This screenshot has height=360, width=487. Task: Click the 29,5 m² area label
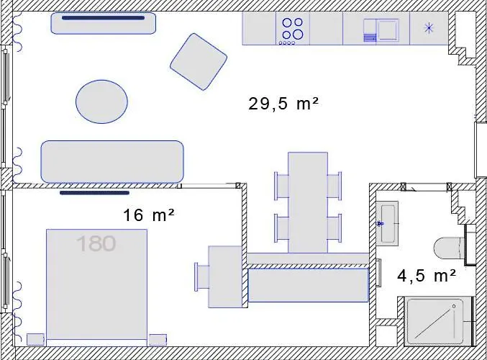283,104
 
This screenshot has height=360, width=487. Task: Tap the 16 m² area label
149,215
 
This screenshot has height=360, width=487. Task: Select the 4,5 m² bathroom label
427,276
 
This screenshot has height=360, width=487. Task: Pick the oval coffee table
101,101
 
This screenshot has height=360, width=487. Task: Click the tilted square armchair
199,61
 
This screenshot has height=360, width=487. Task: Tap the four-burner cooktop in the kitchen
293,28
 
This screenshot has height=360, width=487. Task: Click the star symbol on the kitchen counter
429,28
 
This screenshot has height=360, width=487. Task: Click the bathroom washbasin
386,223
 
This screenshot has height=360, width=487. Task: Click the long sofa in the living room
112,161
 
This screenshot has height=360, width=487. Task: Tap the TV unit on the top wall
104,22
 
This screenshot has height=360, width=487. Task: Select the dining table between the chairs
308,202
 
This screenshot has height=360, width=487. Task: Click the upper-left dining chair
281,185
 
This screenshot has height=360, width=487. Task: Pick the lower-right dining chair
334,227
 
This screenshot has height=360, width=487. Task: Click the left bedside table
35,339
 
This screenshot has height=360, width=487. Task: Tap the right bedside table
158,339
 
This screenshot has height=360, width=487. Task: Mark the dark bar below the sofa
94,193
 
